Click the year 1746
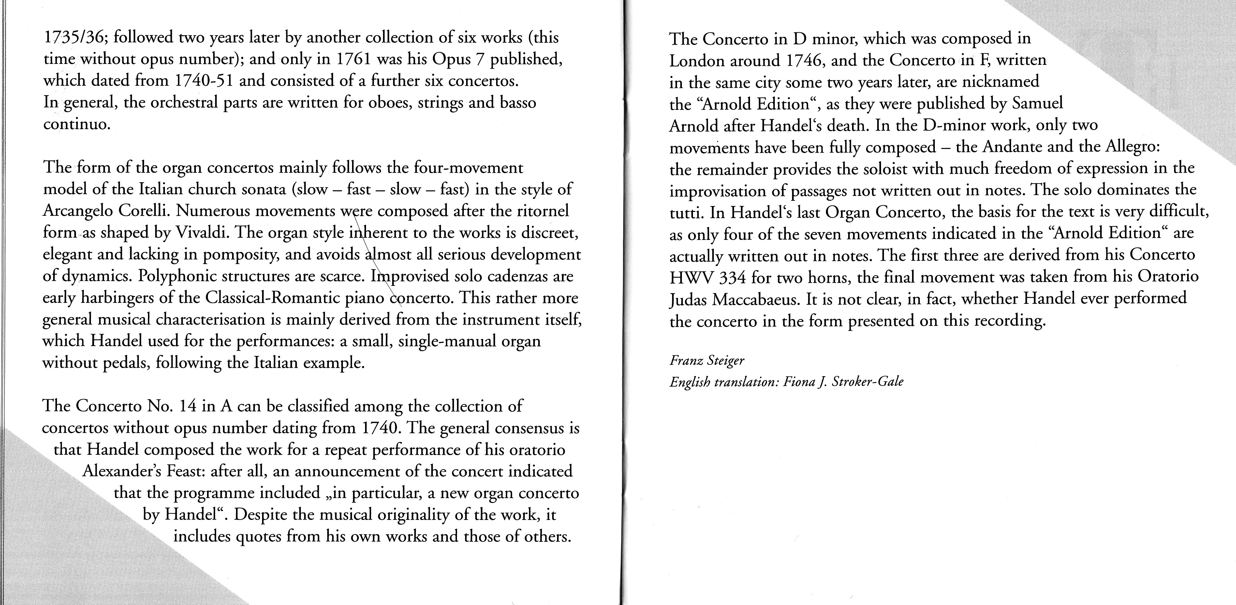(805, 60)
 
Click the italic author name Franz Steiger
(707, 360)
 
